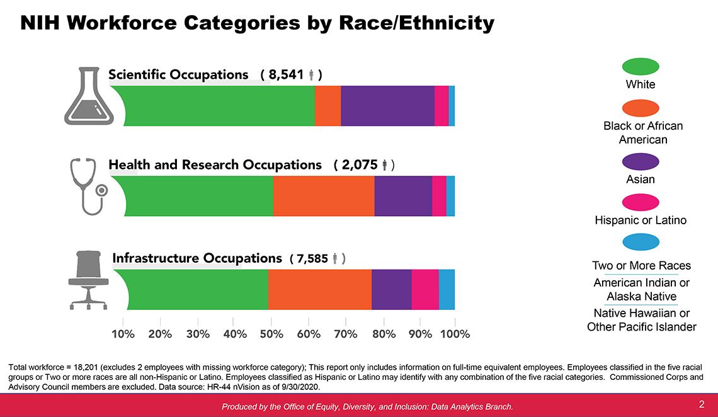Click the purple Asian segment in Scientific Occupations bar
pos(387,106)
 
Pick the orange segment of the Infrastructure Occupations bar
pos(319,289)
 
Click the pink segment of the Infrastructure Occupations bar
pos(425,289)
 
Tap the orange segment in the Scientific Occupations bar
pos(328,106)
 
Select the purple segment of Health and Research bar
pos(403,196)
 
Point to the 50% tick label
pos(271,334)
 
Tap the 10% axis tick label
pos(123,334)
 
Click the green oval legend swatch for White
pos(640,66)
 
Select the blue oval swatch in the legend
pos(640,242)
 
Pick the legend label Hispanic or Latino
pos(640,220)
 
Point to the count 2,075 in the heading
pos(360,165)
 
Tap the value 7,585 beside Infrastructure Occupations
pos(312,258)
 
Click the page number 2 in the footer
pos(701,404)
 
